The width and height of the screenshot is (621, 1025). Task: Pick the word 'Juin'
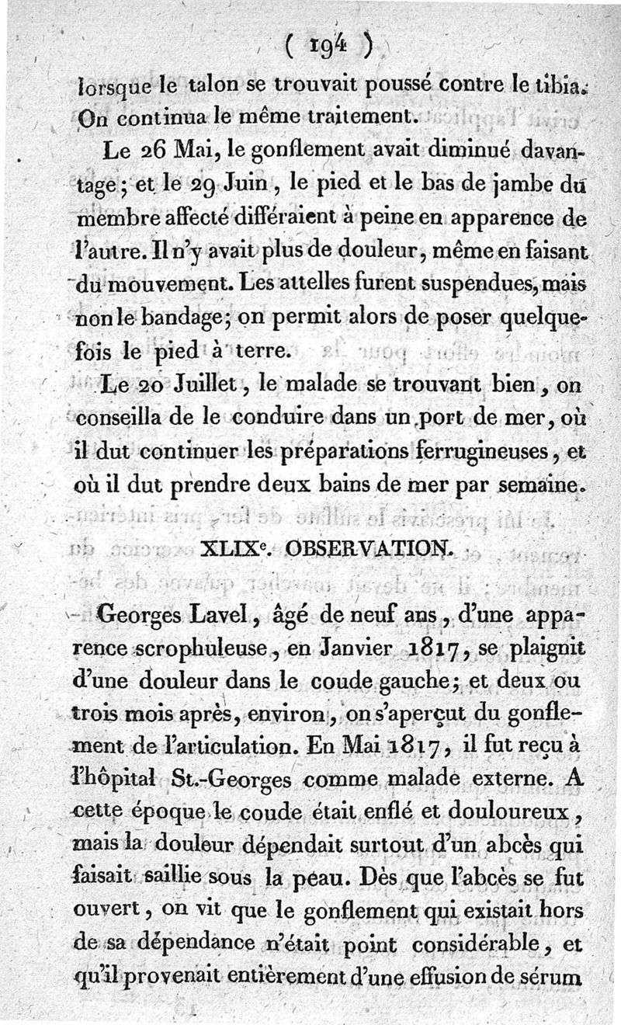(x=235, y=186)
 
